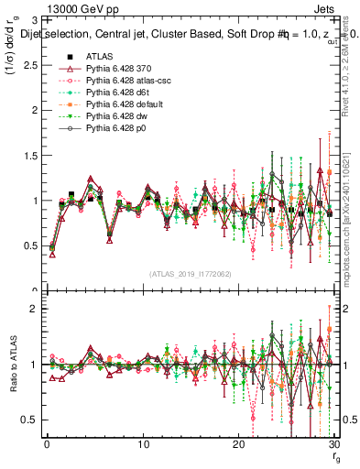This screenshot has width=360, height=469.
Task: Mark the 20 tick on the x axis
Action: tap(238, 443)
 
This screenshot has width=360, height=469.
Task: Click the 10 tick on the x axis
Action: tap(143, 443)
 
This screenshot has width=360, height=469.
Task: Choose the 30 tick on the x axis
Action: tap(333, 443)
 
